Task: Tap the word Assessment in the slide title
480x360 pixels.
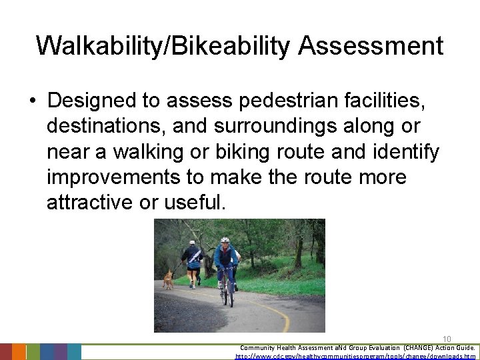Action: tap(371, 46)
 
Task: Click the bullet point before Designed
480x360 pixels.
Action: tap(33, 101)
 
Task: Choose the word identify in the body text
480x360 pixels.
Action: tap(409, 152)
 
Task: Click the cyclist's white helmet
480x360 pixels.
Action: tap(225, 240)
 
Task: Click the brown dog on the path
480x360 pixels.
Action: tap(168, 279)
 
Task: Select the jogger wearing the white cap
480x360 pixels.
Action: tap(193, 262)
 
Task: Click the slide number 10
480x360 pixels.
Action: tap(447, 339)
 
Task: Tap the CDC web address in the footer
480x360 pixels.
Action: tap(356, 356)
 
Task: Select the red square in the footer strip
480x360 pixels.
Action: tap(6, 352)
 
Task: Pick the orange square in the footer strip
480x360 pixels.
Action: tap(19, 352)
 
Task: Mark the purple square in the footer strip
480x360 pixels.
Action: tap(61, 352)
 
